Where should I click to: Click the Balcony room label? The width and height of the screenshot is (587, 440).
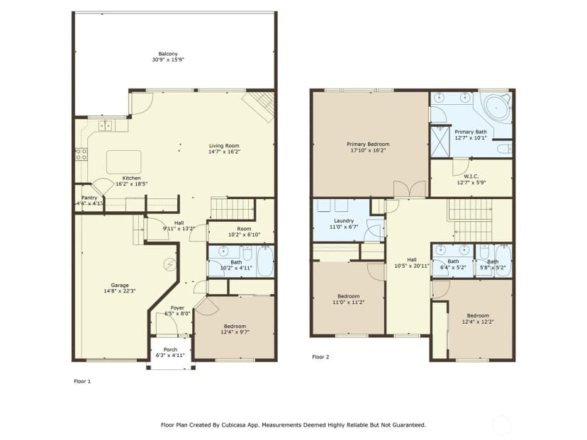point(168,54)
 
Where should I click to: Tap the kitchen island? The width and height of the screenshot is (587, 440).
point(124,162)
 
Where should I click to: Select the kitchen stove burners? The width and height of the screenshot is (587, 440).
point(82,154)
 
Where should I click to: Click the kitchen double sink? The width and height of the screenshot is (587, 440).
point(106,125)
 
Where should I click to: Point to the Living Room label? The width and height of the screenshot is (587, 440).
point(224,145)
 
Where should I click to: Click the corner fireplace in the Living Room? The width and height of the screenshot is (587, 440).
point(259,106)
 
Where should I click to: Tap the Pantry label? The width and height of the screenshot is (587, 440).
point(89,198)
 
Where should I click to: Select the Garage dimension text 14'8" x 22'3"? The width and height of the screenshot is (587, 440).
point(120,290)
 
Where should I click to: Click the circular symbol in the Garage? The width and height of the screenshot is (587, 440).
point(169,264)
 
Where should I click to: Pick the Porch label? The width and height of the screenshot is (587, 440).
point(170,349)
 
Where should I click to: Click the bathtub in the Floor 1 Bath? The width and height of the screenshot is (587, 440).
point(265,261)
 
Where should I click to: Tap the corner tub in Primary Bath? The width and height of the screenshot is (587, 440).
point(496,107)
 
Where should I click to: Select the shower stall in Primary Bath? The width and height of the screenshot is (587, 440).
point(440,142)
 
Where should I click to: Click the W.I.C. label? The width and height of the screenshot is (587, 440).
point(471,176)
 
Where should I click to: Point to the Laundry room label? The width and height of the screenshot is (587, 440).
point(344,221)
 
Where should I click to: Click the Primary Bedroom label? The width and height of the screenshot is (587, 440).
point(368,144)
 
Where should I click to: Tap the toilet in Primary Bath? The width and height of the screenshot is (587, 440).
point(504,149)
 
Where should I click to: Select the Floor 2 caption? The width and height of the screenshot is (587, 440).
point(320,357)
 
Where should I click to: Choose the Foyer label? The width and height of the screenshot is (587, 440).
point(177,308)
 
